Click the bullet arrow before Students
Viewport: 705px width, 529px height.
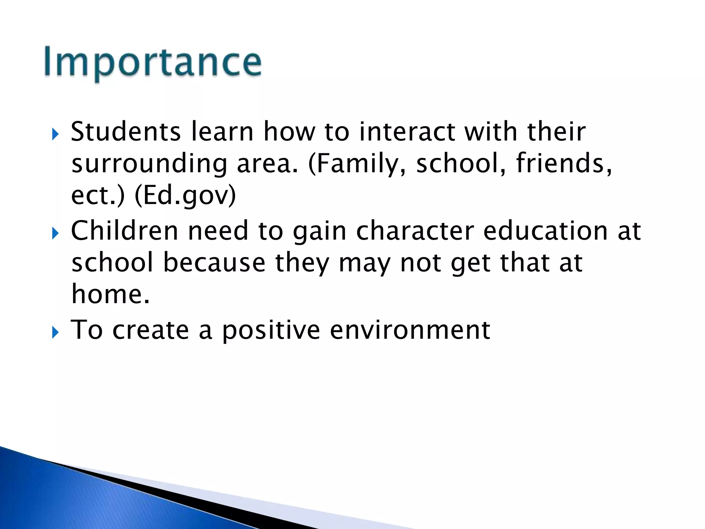click(55, 134)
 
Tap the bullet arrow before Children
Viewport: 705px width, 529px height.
click(55, 234)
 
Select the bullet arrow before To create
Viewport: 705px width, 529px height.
click(55, 333)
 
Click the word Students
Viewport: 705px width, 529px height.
click(126, 132)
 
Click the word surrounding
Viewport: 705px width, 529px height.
click(149, 164)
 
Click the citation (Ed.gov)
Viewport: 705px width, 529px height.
click(185, 196)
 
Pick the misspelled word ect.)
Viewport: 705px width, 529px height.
click(98, 196)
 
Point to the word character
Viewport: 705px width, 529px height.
click(415, 231)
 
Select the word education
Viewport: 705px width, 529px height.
click(545, 231)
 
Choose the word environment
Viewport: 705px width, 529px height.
click(410, 330)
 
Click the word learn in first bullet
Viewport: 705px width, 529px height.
click(222, 132)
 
